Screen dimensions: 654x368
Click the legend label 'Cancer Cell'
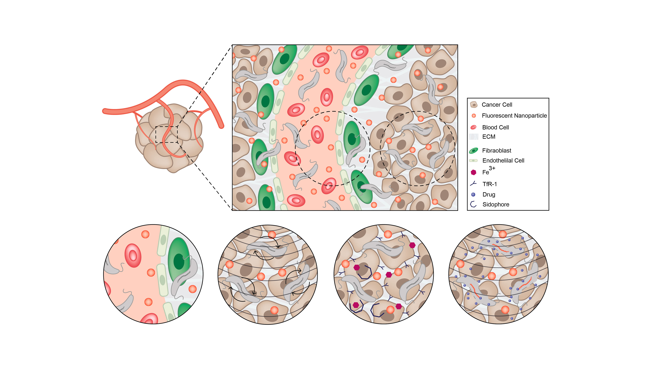[497, 105]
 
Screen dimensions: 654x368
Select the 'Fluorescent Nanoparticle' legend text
[514, 116]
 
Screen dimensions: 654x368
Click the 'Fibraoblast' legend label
[497, 150]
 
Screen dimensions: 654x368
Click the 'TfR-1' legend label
[489, 184]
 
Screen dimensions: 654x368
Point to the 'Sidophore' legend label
[496, 205]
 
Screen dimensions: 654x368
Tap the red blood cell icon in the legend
[473, 127]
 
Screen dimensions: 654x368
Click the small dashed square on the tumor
[166, 134]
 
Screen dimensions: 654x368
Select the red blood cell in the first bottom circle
[133, 255]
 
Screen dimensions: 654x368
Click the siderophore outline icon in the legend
[473, 204]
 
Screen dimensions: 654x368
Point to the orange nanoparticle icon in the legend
[473, 116]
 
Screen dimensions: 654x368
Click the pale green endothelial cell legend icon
[473, 160]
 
